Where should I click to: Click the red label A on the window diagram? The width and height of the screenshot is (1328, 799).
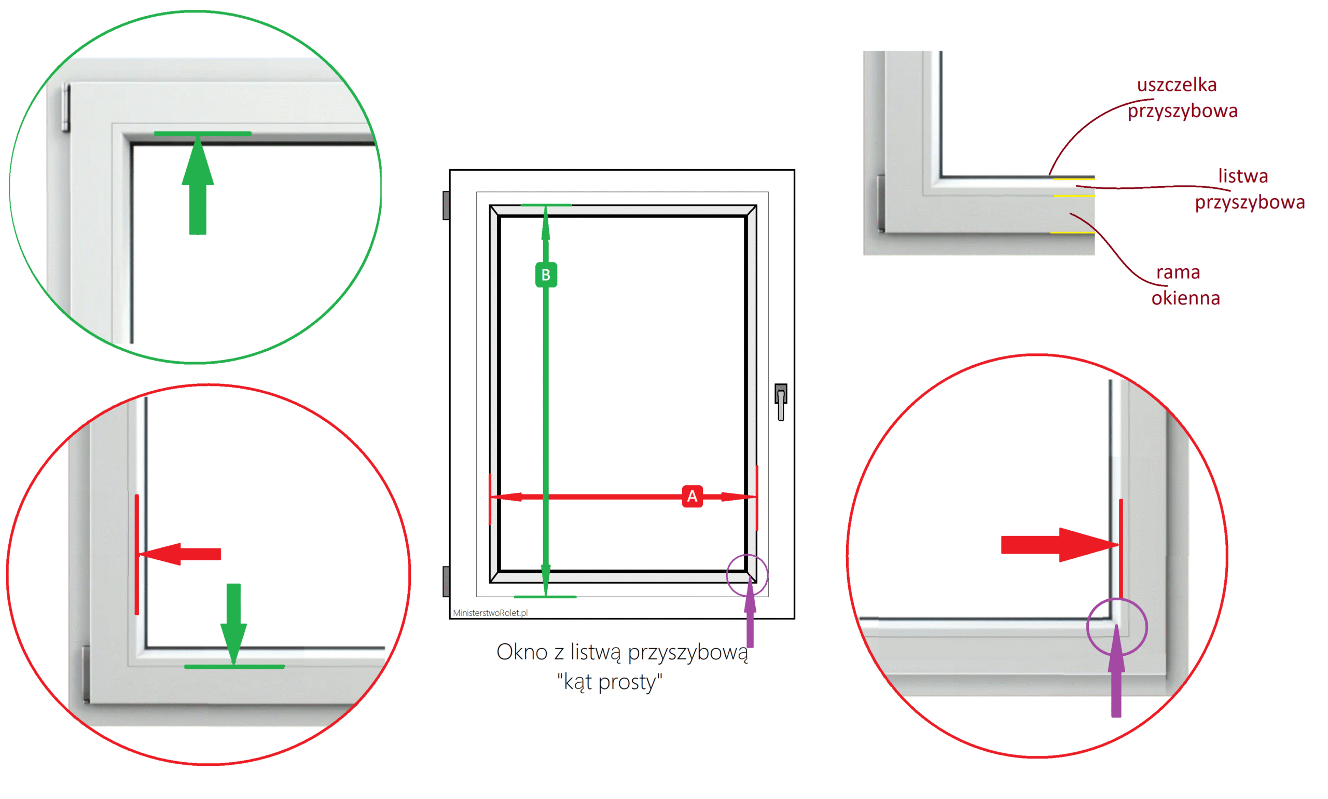691,496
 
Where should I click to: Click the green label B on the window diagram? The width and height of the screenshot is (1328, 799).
546,274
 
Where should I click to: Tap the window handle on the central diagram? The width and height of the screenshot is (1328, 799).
781,402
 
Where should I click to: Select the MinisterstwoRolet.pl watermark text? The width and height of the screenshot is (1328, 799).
490,613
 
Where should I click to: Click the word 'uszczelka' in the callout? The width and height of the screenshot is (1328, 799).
1176,85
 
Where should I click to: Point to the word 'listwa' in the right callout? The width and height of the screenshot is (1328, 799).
1243,176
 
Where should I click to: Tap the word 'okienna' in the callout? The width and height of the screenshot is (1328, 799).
1185,298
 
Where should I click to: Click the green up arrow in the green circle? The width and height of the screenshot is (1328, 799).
198,184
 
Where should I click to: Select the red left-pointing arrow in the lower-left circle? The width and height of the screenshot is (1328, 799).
180,554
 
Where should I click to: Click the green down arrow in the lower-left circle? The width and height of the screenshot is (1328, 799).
233,624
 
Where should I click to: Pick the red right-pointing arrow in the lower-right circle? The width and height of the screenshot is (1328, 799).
1059,544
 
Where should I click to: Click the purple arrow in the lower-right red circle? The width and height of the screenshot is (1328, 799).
1116,671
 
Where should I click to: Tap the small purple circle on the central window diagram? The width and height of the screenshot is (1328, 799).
727,575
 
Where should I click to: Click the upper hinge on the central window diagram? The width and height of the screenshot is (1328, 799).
446,205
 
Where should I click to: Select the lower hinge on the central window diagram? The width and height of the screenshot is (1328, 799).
446,582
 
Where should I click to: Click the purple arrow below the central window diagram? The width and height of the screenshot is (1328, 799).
750,614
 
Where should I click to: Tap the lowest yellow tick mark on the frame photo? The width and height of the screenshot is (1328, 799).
1072,232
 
